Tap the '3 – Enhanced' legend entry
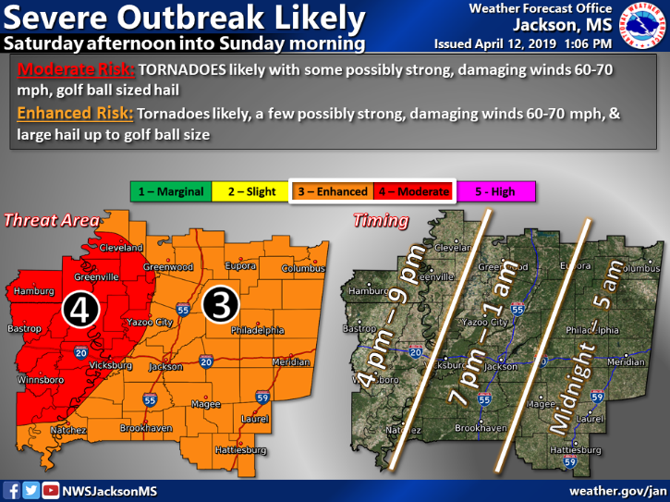(332, 191)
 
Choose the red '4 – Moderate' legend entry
(410, 191)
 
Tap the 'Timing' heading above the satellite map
(380, 221)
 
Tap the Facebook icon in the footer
(13, 490)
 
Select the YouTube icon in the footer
(51, 490)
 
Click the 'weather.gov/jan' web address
(616, 490)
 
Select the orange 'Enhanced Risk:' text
(73, 113)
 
